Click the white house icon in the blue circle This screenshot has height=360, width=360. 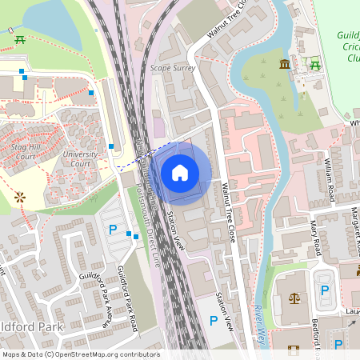[180, 172]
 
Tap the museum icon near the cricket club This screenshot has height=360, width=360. [285, 64]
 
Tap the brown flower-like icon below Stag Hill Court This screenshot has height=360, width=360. [20, 195]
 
